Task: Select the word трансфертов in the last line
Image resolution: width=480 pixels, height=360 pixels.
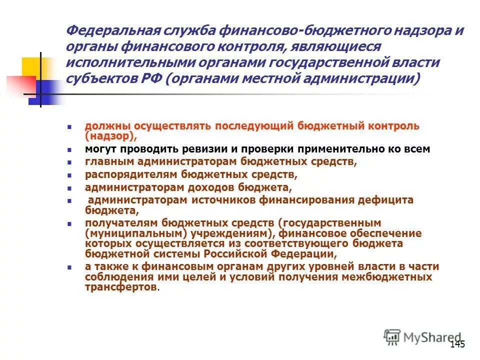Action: tap(120, 288)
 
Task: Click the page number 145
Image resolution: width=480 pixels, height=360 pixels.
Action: tap(457, 344)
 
